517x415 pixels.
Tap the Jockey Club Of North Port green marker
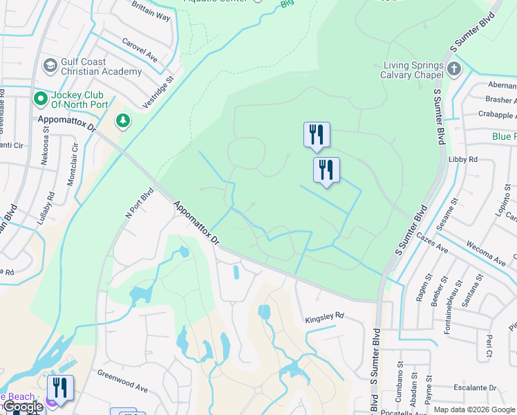40,100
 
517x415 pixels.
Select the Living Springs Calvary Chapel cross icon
453,69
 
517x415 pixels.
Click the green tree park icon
123,121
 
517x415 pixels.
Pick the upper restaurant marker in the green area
317,134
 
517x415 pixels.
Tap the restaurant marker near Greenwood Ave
60,388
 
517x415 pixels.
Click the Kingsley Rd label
325,316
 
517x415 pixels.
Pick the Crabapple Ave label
497,115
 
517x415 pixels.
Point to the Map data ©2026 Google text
474,409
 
